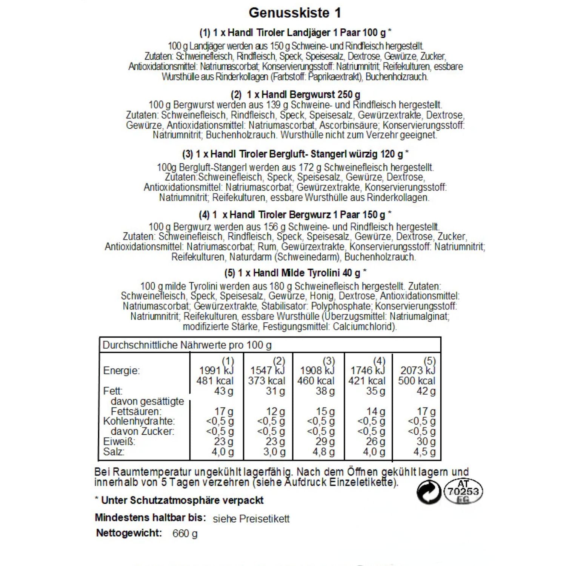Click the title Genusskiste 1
pyautogui.click(x=295, y=13)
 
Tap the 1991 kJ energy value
pyautogui.click(x=216, y=371)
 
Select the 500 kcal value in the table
pyautogui.click(x=417, y=381)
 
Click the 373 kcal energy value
pyautogui.click(x=266, y=381)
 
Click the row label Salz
pyautogui.click(x=114, y=452)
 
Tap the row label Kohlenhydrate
pyautogui.click(x=139, y=421)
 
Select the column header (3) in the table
pyautogui.click(x=329, y=361)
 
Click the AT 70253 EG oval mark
pyautogui.click(x=463, y=492)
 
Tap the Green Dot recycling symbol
pyautogui.click(x=429, y=492)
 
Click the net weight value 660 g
pyautogui.click(x=185, y=533)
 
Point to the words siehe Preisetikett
pyautogui.click(x=251, y=519)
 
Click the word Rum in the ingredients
pyautogui.click(x=266, y=247)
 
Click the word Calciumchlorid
pyautogui.click(x=364, y=326)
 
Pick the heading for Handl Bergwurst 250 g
pyautogui.click(x=295, y=94)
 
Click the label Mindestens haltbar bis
pyautogui.click(x=150, y=517)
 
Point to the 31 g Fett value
pyautogui.click(x=275, y=391)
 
